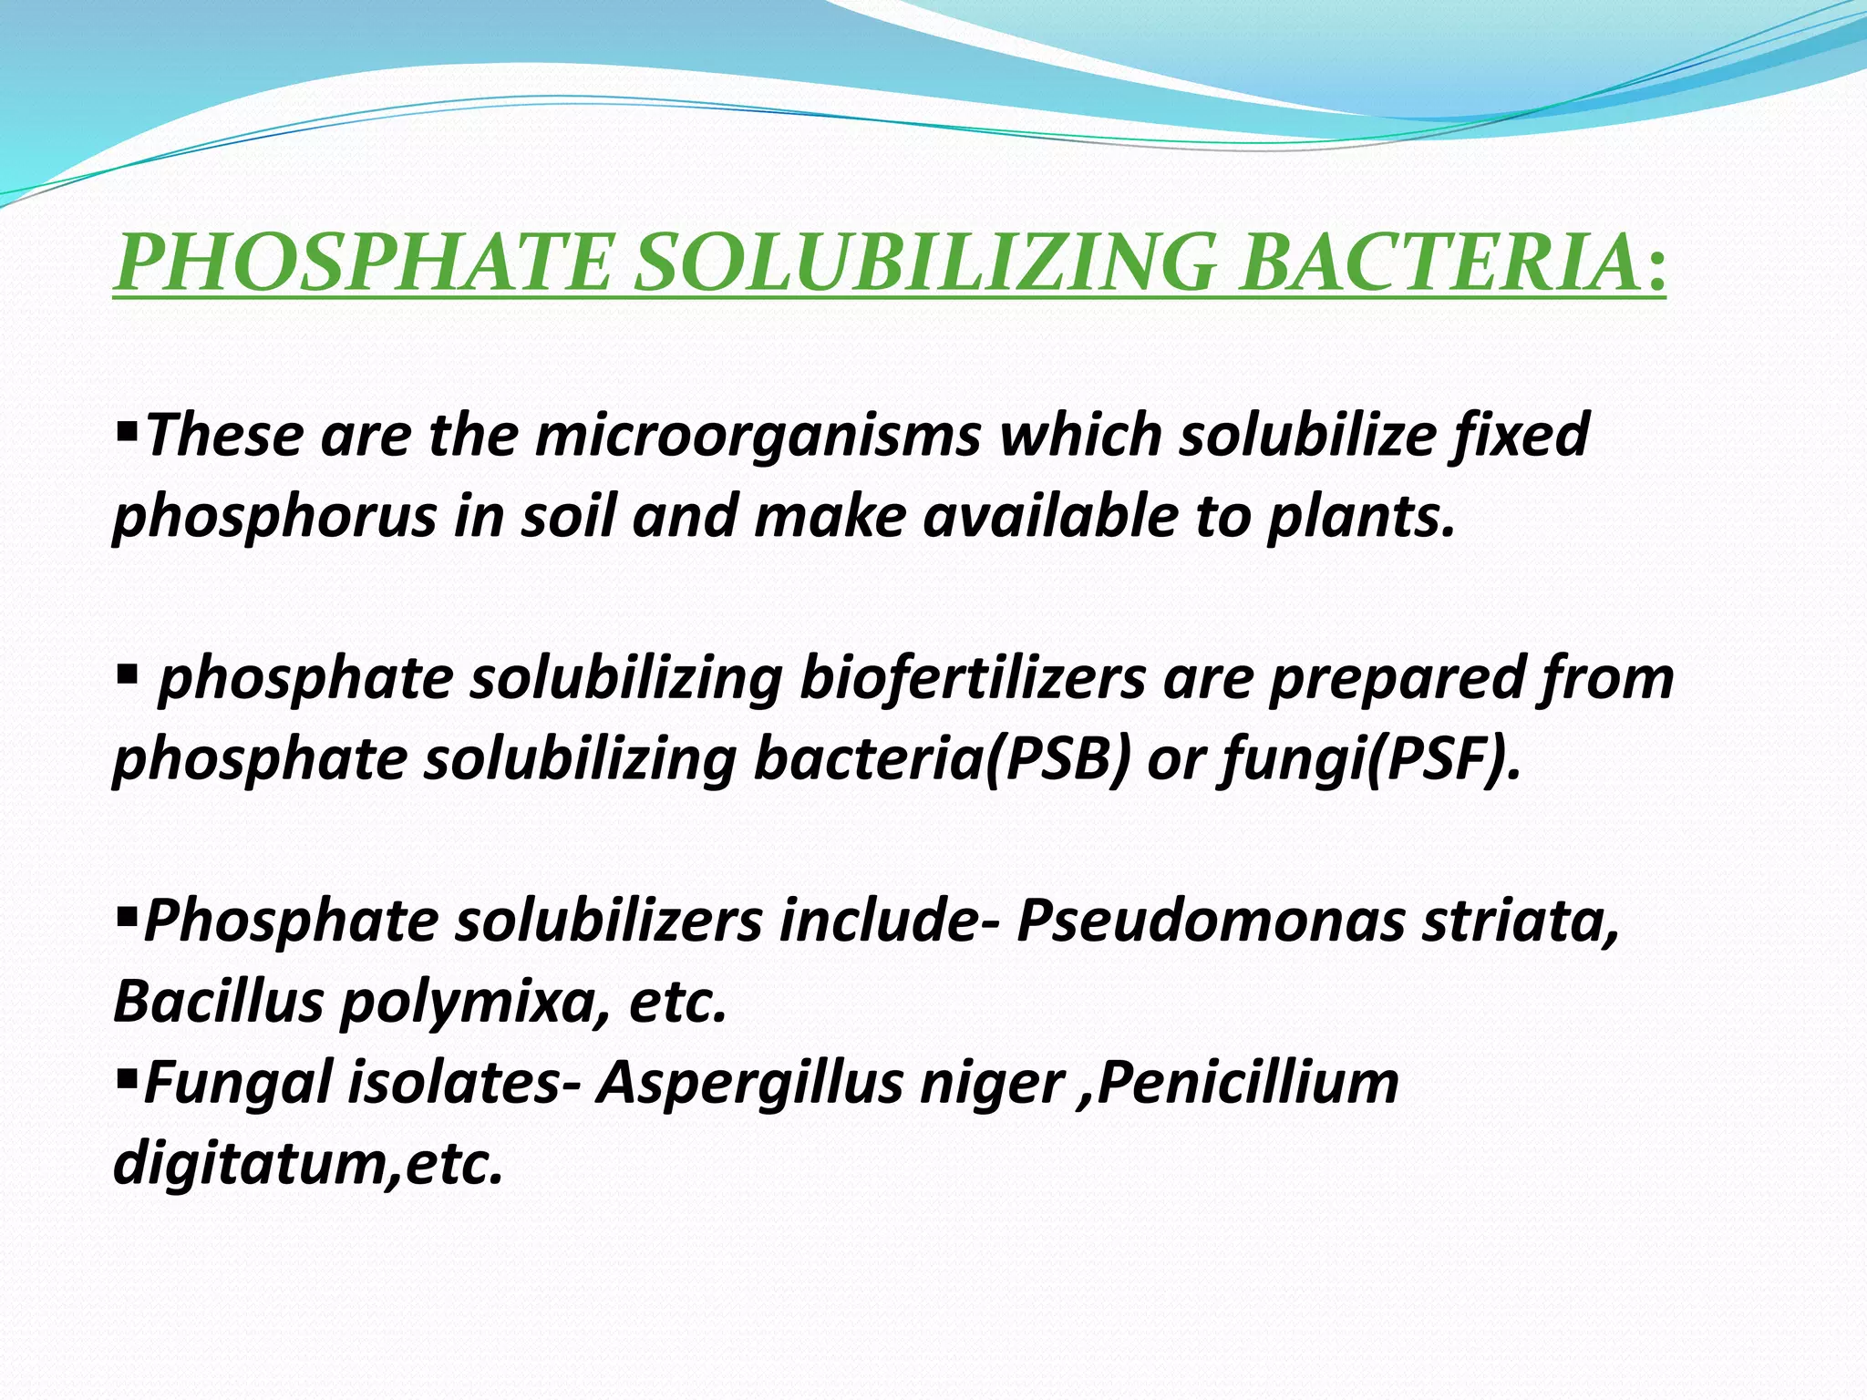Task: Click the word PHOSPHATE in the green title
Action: pos(363,263)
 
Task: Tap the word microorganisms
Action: pos(758,435)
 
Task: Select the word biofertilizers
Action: pos(972,679)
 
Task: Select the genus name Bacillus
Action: pos(218,1001)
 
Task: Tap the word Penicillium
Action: pos(1248,1082)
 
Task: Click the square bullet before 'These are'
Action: pos(127,426)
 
